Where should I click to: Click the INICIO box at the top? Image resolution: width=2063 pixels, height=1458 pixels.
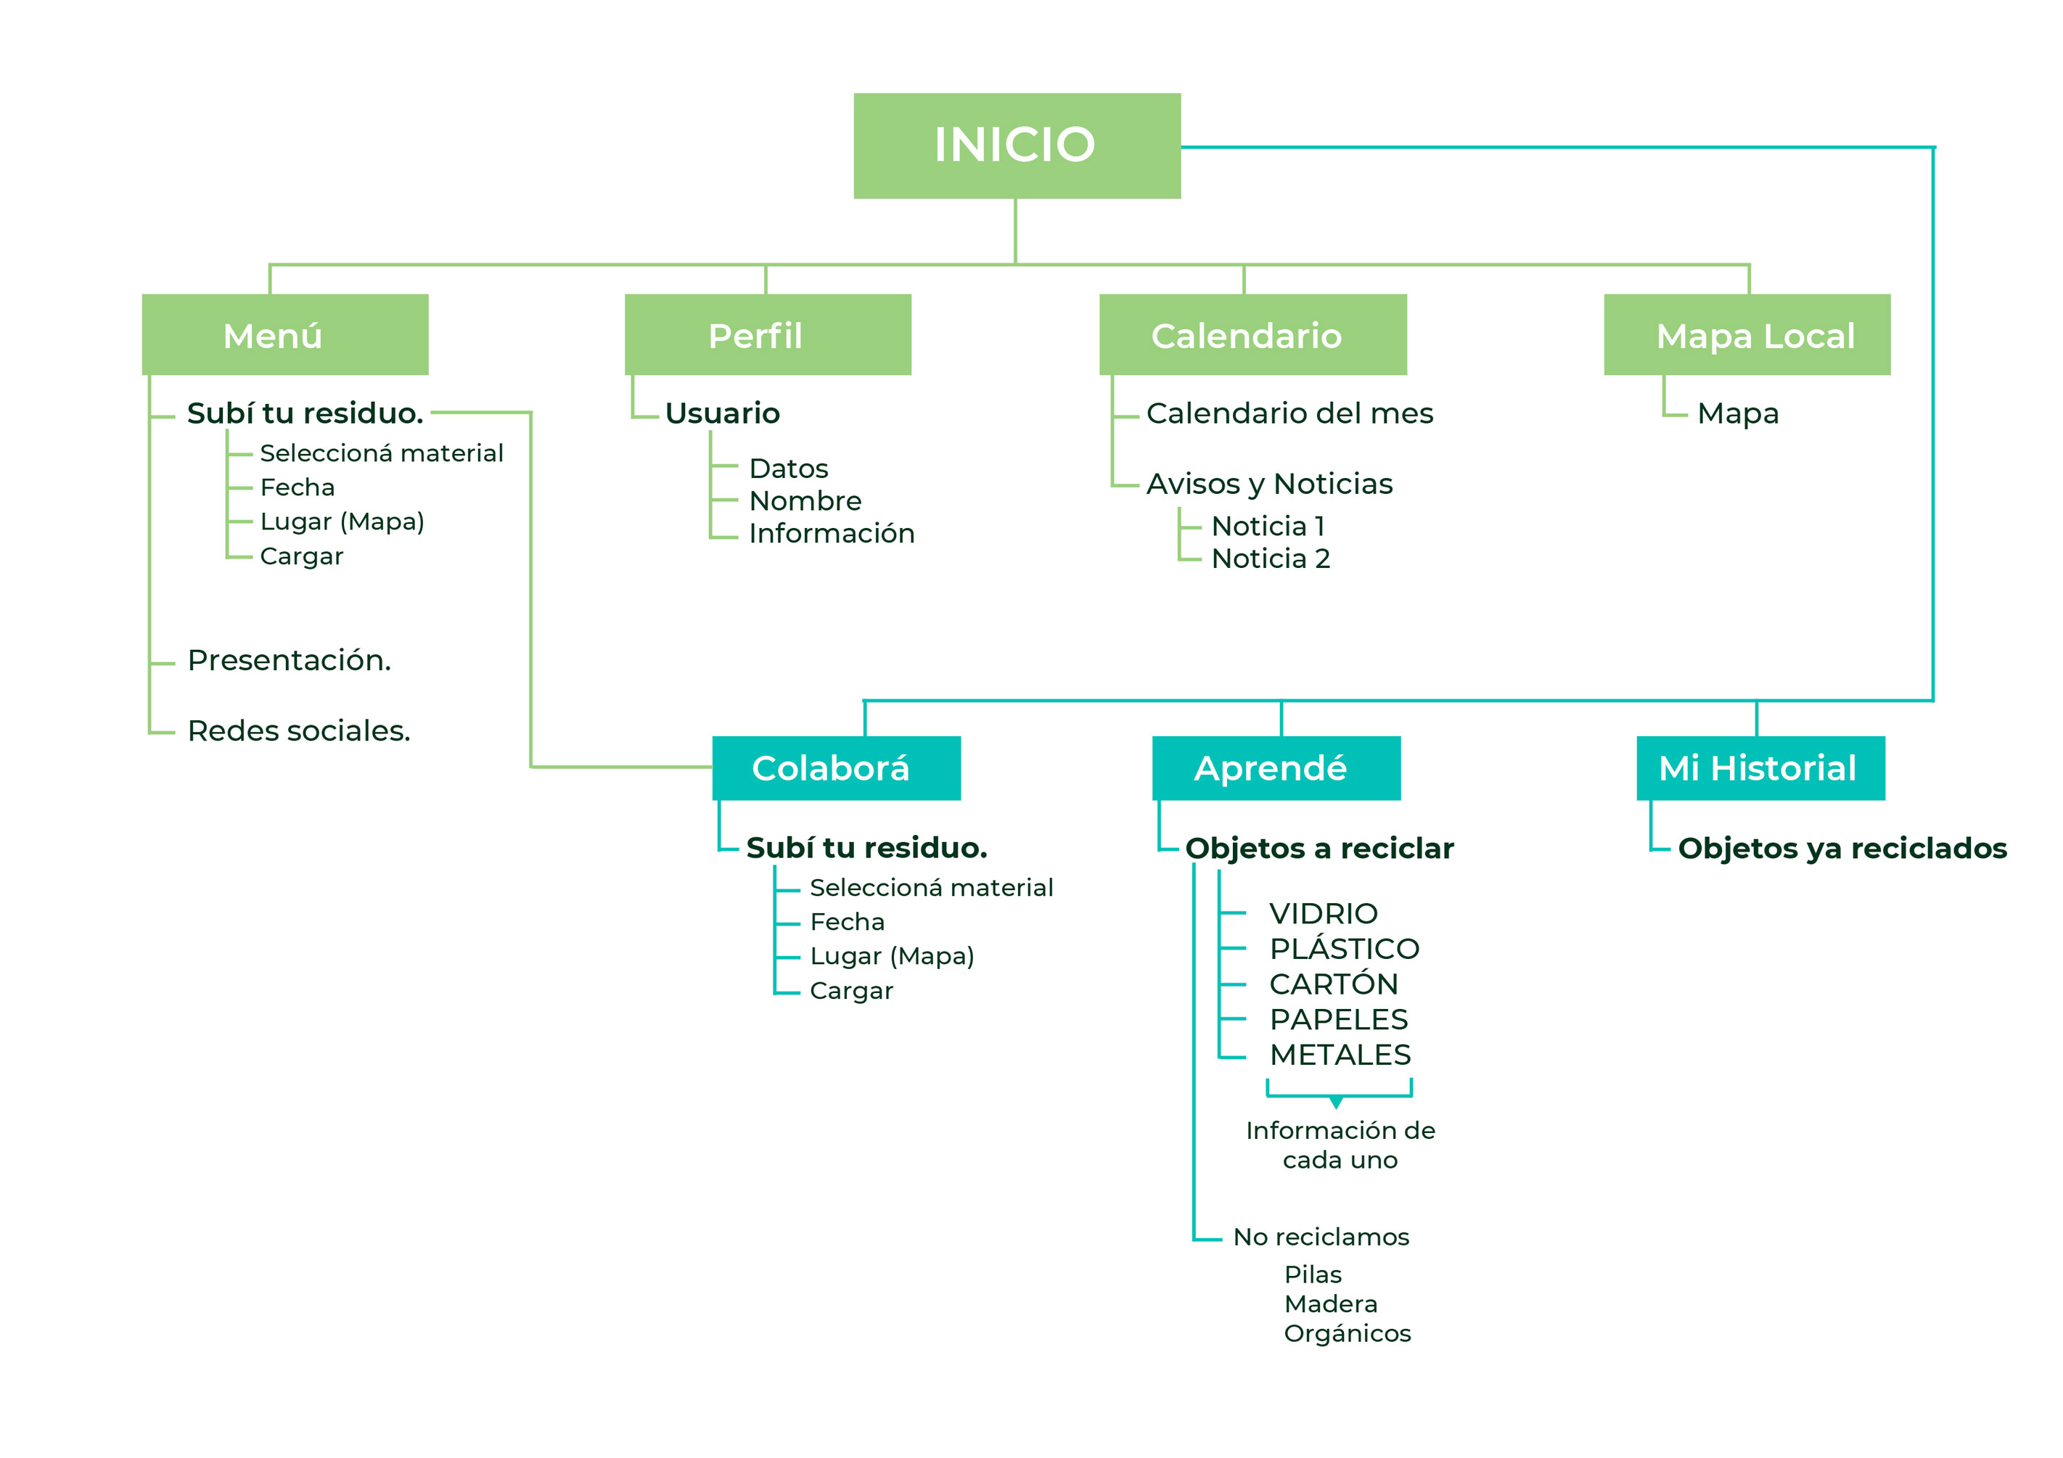1016,146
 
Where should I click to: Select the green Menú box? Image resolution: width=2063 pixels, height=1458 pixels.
285,334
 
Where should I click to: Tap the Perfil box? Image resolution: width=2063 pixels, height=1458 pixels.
767,334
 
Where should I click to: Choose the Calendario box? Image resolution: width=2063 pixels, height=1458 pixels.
1252,334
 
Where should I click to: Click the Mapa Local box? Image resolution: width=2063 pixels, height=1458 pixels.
1747,334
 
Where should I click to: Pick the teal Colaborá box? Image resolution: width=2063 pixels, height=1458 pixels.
836,768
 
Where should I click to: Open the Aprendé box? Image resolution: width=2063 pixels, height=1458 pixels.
1276,768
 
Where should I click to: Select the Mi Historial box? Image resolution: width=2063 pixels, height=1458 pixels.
1760,768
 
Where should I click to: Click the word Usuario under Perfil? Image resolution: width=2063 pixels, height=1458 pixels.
723,413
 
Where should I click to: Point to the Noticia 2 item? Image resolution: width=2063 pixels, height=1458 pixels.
1271,559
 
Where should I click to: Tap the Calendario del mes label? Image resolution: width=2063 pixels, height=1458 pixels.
1289,413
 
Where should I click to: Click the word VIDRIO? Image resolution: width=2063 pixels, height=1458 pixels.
1324,914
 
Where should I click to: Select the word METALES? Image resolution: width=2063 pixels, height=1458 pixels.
1340,1055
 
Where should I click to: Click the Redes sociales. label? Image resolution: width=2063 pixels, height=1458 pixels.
298,731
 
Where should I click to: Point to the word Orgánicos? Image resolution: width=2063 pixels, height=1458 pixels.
1347,1333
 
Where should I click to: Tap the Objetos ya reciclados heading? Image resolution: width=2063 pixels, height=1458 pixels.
1842,848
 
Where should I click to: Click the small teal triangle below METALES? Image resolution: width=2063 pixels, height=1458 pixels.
1336,1103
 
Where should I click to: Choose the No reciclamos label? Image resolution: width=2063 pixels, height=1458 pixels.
1321,1237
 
